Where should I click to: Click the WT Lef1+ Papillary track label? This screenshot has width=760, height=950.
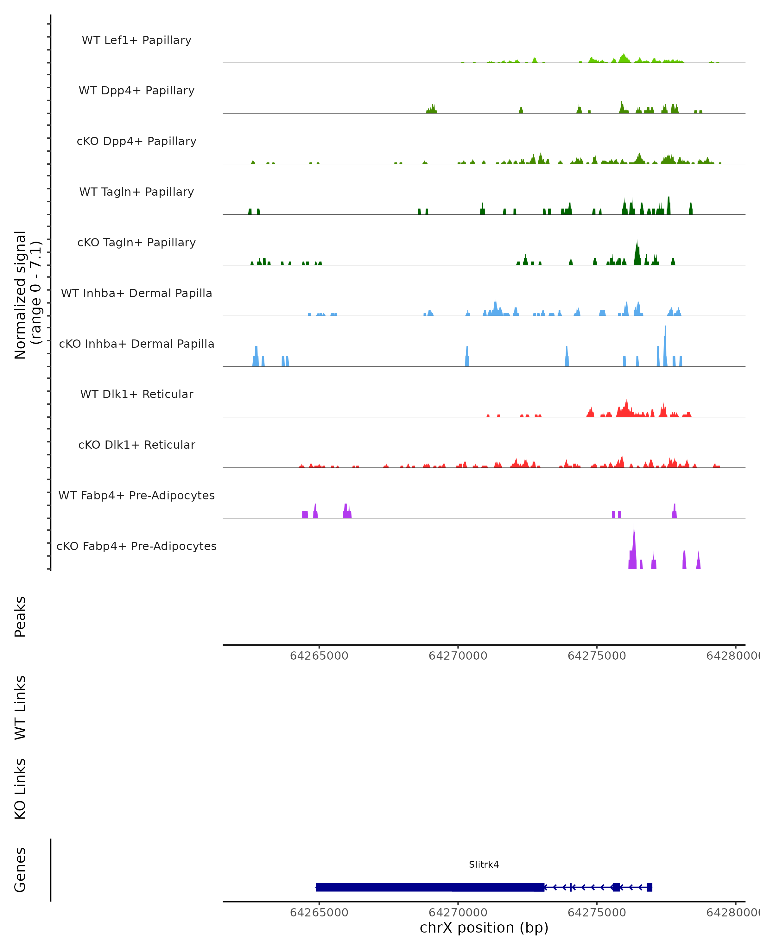[x=136, y=40]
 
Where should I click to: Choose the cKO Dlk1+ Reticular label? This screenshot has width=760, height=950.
[x=136, y=445]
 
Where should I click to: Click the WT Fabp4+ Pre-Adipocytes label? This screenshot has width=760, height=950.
[x=136, y=495]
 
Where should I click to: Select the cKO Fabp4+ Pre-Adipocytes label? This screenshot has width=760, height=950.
[x=136, y=546]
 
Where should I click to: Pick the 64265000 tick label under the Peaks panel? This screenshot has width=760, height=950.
[x=319, y=656]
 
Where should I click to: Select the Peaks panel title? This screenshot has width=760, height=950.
[x=20, y=617]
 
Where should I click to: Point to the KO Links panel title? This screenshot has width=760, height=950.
[x=20, y=789]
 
